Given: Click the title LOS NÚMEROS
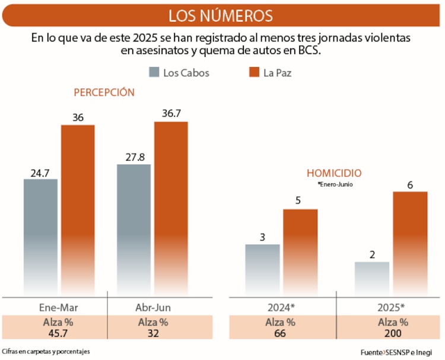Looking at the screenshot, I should [221, 15].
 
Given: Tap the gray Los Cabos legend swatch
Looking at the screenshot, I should [153, 73].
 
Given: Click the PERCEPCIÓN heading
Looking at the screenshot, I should [104, 93].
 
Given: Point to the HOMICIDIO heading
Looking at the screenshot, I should [334, 173].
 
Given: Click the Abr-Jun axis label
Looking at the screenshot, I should [152, 308].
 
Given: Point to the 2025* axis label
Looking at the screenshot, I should [390, 308].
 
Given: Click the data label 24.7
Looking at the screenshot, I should [40, 173].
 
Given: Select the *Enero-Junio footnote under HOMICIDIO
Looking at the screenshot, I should [335, 184].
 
